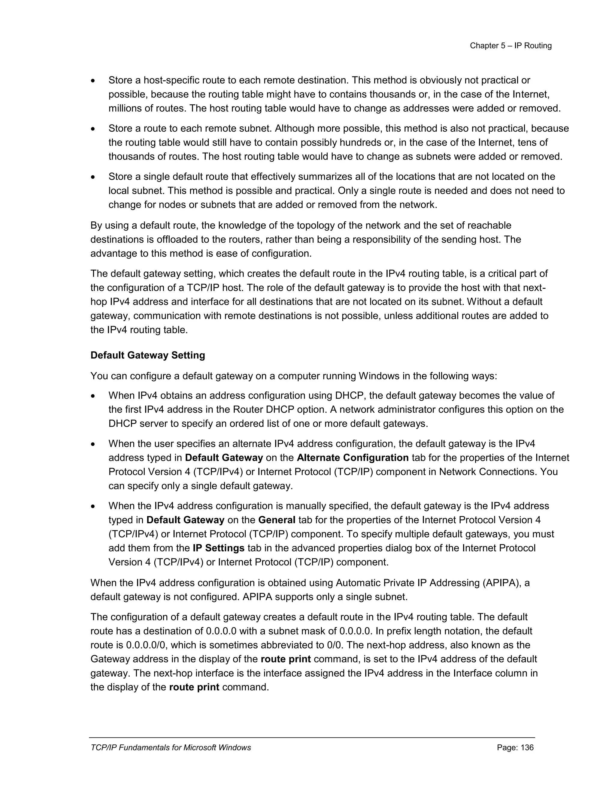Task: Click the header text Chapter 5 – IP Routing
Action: click(510, 46)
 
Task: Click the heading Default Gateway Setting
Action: click(147, 355)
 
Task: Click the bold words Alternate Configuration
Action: click(353, 457)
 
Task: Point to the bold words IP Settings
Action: click(219, 548)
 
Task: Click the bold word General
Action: click(277, 520)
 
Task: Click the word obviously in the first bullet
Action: click(449, 80)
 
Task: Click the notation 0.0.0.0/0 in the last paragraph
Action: click(147, 645)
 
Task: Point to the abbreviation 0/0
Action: click(335, 645)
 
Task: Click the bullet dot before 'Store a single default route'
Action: click(93, 177)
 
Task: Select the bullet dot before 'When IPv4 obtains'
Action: click(93, 396)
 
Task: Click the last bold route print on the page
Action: click(194, 687)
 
